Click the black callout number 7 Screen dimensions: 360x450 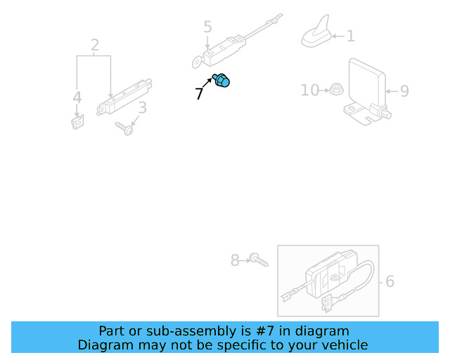[200, 94]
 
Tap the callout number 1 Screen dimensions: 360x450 [350, 36]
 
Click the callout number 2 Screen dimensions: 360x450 [95, 46]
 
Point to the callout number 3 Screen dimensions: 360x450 [142, 108]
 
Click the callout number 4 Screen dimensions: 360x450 [77, 98]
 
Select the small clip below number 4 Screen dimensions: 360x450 [76, 123]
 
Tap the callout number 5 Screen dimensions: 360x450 [207, 27]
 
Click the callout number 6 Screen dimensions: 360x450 [390, 282]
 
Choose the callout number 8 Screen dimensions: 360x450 [235, 261]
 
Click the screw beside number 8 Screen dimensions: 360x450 [258, 261]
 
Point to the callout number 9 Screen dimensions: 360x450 [404, 91]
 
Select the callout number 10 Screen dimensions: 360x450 [309, 90]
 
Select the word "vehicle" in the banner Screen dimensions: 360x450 [342, 345]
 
